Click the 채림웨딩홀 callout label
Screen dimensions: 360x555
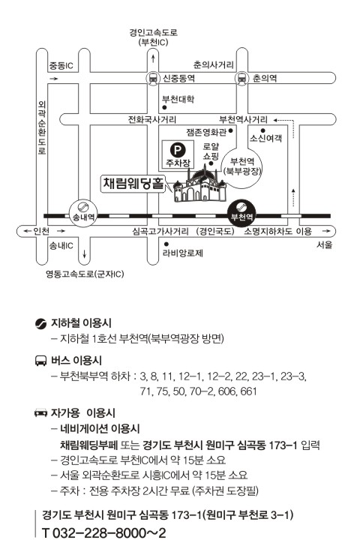(133, 183)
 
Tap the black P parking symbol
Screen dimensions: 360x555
(177, 150)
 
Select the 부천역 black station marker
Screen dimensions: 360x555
(241, 212)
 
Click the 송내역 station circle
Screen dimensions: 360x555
(82, 212)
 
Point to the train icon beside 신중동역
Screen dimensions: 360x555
(153, 78)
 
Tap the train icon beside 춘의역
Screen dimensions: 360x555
(241, 78)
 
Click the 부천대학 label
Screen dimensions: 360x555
(178, 99)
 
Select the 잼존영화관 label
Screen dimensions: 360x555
(206, 132)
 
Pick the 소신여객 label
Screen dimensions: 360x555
(266, 138)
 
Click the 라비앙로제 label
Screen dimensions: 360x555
(183, 253)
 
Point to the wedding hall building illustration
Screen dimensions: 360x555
(199, 183)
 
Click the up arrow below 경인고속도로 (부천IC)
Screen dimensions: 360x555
(153, 58)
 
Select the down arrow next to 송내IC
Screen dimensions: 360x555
(84, 253)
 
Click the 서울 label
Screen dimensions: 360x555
(324, 245)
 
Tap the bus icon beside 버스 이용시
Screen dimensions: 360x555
(40, 361)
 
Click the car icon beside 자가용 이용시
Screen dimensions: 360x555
(40, 412)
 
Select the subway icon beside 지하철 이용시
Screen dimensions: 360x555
(41, 323)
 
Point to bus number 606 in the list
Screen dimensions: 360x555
(226, 391)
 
